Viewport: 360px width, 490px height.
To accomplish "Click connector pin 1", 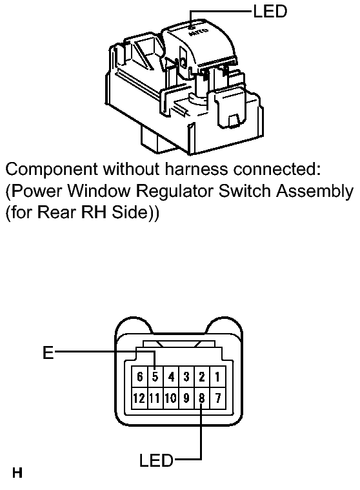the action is point(217,377).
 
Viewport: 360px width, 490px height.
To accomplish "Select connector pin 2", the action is point(202,377).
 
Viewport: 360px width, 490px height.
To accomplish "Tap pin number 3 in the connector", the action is point(186,377).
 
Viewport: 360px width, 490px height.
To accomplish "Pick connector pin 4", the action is point(171,377).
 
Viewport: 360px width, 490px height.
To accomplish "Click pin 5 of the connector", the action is point(155,377).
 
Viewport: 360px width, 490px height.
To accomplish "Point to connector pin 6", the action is point(139,377).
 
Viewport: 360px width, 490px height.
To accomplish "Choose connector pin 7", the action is point(217,398).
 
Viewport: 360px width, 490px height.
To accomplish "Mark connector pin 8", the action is point(202,398).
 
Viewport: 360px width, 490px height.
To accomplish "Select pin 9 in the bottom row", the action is point(186,398).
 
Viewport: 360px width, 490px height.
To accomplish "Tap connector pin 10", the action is point(171,398).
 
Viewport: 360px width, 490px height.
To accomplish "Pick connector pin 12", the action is point(139,398).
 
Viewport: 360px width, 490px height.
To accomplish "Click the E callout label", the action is point(48,352).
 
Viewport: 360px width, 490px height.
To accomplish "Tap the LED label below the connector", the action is point(156,460).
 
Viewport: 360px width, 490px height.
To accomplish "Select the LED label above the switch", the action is point(270,11).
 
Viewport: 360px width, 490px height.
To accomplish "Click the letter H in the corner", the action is point(17,473).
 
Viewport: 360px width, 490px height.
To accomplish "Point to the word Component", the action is point(52,170).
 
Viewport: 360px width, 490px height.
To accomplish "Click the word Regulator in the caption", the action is point(175,192).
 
